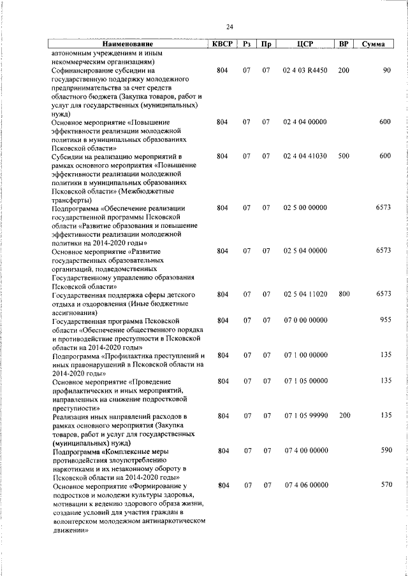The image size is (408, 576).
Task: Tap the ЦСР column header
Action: click(305, 45)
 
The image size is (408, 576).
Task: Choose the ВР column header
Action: click(344, 45)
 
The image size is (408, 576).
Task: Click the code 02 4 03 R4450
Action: click(305, 70)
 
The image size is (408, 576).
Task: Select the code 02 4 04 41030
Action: click(305, 156)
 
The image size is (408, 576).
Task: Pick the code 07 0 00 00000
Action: click(305, 320)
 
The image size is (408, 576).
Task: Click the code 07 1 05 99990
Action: click(305, 416)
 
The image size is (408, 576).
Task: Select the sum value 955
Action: click(384, 320)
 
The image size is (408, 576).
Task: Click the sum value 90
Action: click(386, 70)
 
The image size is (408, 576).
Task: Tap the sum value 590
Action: click(384, 451)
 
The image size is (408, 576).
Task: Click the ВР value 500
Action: click(344, 156)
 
